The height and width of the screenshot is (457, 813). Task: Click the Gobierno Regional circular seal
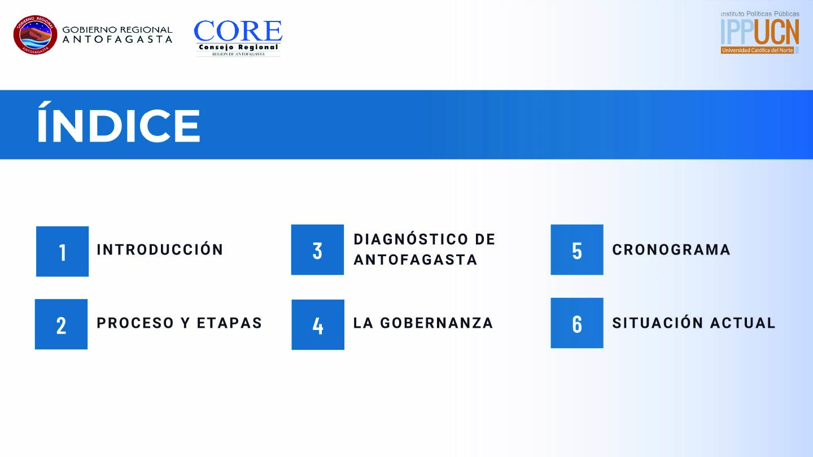(35, 35)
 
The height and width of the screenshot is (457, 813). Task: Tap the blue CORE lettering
(238, 31)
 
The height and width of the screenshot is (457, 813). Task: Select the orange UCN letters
(776, 32)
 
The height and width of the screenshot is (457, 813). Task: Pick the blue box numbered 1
(63, 252)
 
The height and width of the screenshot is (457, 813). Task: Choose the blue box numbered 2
(62, 324)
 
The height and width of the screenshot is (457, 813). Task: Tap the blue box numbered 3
(317, 249)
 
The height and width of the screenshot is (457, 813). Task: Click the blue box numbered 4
(318, 324)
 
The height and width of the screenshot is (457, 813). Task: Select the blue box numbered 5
(577, 249)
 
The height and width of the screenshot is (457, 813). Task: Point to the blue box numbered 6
(577, 323)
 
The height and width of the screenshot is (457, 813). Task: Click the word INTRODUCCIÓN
(160, 249)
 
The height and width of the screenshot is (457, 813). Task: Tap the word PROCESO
(135, 323)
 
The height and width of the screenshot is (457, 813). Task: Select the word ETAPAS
(229, 323)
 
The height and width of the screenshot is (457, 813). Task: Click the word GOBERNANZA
(436, 323)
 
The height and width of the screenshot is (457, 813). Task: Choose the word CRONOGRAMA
(671, 249)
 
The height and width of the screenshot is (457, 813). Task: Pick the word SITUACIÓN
(657, 322)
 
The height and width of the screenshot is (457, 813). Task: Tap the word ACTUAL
(742, 323)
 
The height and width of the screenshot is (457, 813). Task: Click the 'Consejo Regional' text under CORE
(238, 47)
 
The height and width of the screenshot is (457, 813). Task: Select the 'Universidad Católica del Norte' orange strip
(758, 50)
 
